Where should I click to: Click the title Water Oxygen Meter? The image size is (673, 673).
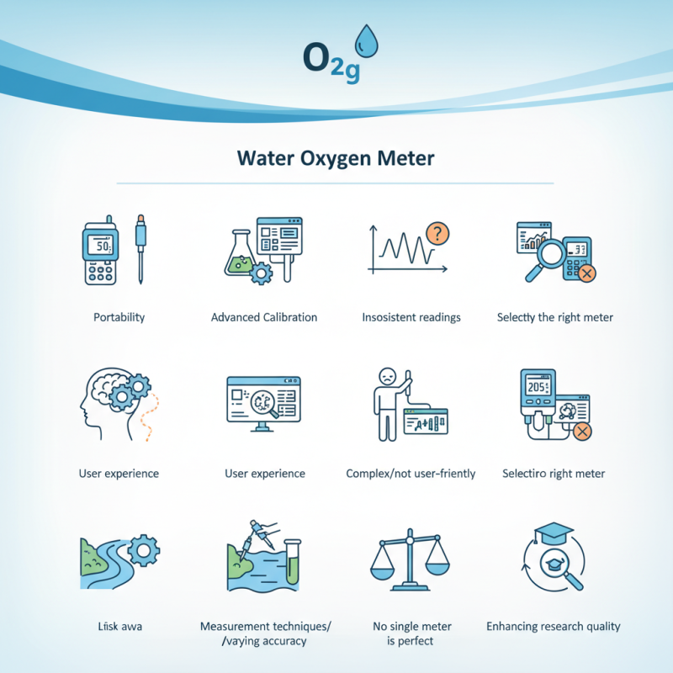[336, 158]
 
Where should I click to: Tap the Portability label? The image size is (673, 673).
[119, 317]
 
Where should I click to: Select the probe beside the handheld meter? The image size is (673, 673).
[140, 247]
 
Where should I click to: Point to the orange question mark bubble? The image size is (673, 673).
[437, 234]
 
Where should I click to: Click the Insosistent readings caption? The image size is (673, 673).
[411, 317]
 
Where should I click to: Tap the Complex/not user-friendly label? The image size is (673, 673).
[411, 474]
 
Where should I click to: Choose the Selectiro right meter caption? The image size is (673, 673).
[553, 474]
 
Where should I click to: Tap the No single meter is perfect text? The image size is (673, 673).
[411, 633]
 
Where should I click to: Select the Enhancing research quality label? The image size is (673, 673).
[553, 626]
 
